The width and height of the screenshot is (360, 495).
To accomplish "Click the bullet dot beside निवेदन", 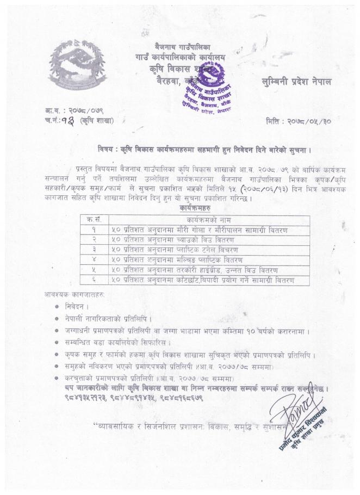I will (58, 306).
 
